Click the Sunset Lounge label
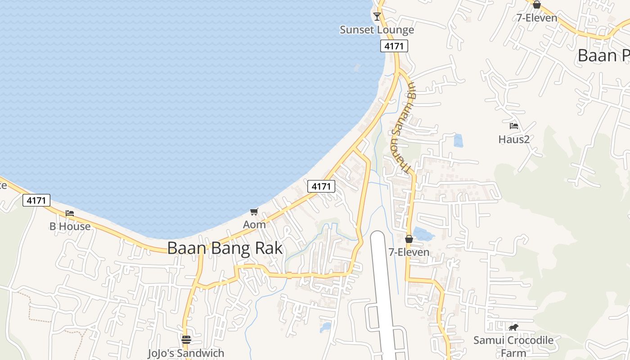click(x=377, y=30)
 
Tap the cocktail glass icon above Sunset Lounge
click(x=377, y=17)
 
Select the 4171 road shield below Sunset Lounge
click(x=394, y=46)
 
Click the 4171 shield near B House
click(x=36, y=200)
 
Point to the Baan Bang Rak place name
click(x=225, y=248)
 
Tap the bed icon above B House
click(x=70, y=213)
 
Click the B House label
click(x=70, y=226)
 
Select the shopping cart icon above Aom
click(x=254, y=211)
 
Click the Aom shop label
click(x=254, y=224)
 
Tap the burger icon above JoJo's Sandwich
click(x=186, y=340)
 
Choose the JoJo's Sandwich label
click(x=186, y=353)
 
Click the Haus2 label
click(x=514, y=139)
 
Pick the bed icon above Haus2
click(x=514, y=126)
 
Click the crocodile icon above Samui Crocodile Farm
click(x=513, y=327)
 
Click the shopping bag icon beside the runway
click(x=409, y=239)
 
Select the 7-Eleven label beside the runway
click(x=409, y=252)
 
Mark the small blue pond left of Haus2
click(x=458, y=141)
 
